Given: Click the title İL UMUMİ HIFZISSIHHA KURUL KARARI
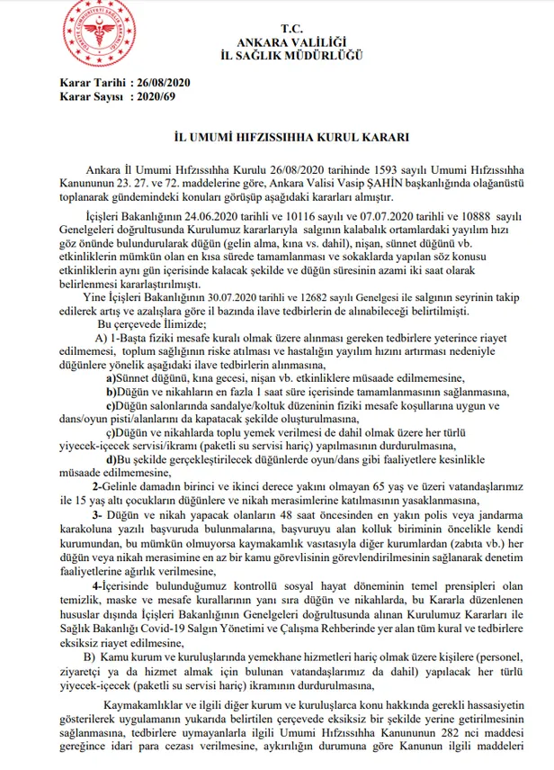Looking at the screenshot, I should click(x=280, y=140).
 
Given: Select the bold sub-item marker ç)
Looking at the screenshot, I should click(x=112, y=430).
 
